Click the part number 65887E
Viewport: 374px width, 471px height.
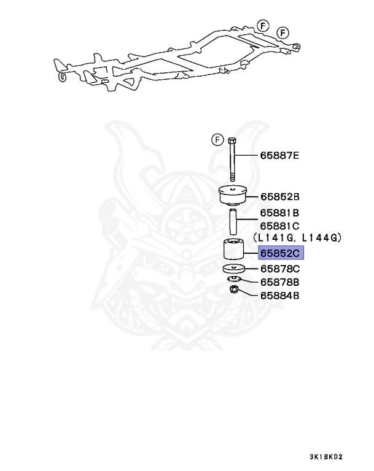coord(279,156)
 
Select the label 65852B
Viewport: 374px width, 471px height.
coord(279,197)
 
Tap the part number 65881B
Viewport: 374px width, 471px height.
coord(279,213)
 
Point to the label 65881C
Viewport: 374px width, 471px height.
coord(279,226)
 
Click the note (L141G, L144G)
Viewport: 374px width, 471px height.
coord(297,238)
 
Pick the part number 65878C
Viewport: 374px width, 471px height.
coord(279,269)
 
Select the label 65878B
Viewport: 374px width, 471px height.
coord(279,282)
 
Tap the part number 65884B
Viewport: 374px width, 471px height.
coord(279,295)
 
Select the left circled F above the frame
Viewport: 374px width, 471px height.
coord(263,25)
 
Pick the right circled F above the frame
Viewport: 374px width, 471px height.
coord(282,32)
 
